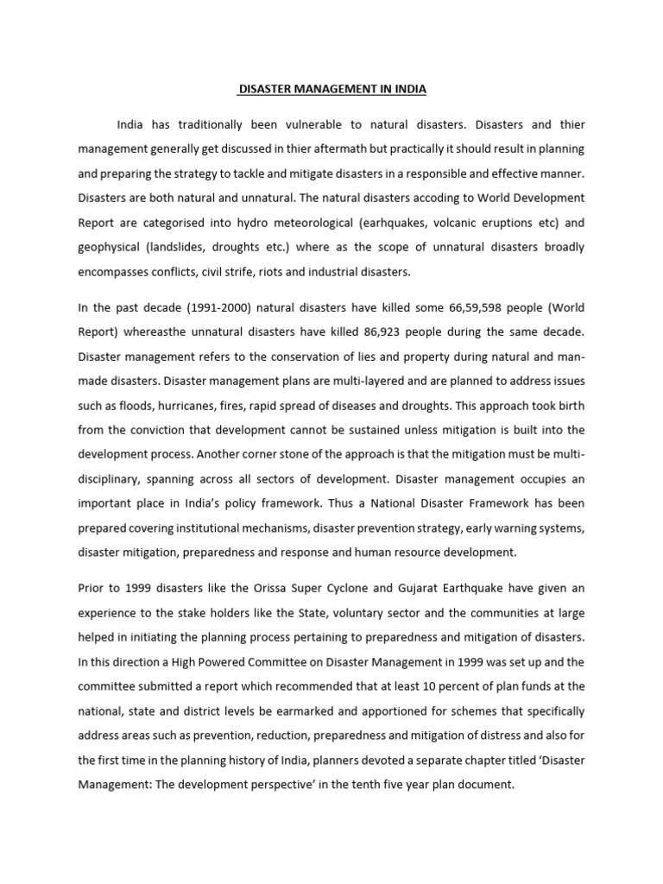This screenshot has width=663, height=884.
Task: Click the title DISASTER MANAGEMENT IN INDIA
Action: click(331, 89)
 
